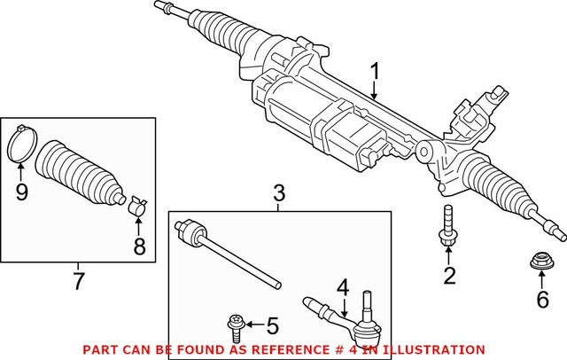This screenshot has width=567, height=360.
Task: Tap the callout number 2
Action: coord(449,276)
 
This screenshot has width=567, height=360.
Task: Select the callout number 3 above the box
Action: coord(278,192)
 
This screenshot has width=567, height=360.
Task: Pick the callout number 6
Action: coord(542,300)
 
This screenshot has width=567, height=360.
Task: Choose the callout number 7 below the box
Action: coord(78,282)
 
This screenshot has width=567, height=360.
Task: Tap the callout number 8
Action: coord(138,247)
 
